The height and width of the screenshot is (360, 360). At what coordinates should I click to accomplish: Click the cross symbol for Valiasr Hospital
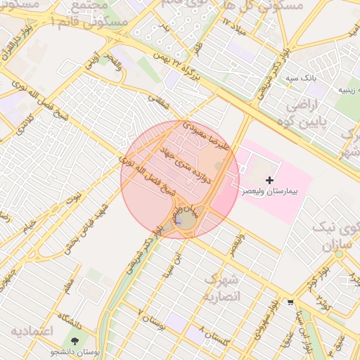coord(269,181)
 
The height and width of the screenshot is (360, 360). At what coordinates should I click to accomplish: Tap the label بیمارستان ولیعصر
coord(270,191)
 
